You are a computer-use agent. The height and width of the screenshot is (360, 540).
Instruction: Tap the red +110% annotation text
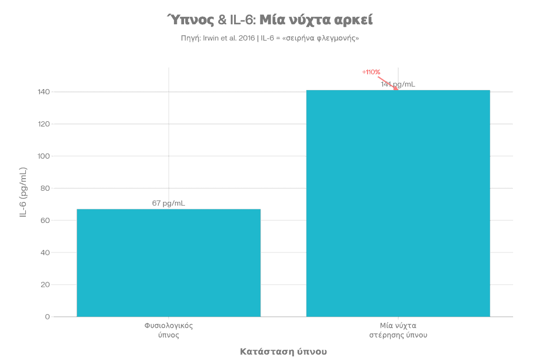coord(371,72)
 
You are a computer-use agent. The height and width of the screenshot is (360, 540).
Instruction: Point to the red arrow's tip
coord(398,90)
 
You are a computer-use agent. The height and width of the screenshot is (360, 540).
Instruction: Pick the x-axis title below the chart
coord(283,351)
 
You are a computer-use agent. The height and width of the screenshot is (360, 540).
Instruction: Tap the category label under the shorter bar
coord(169,330)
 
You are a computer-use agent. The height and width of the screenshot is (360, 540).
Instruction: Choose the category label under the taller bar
coord(398,330)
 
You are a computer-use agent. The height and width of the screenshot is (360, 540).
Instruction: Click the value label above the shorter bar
coord(169,203)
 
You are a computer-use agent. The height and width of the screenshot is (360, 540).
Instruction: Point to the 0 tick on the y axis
coord(46,316)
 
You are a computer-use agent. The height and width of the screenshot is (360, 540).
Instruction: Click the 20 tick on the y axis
coord(45,284)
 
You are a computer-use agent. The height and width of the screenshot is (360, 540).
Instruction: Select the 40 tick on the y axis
coord(45,252)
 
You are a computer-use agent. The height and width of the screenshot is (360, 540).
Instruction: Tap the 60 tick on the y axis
coord(45,220)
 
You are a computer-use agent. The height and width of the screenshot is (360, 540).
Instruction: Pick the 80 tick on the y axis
coord(45,188)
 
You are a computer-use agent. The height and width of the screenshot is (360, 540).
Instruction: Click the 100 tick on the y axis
coord(44,155)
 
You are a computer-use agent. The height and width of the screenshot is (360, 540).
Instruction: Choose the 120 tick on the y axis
coord(44,123)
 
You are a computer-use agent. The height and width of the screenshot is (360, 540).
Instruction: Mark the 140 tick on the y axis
coord(44,91)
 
